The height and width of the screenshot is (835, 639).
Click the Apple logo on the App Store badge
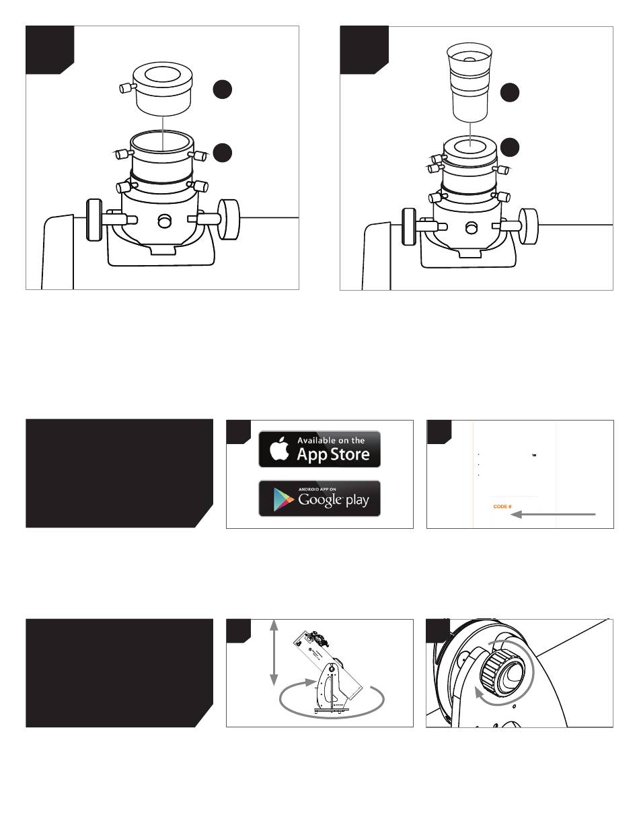[280, 448]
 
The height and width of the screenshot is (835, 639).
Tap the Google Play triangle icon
[283, 499]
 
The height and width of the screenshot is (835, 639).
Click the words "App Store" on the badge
[333, 455]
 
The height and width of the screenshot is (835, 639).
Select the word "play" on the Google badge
[357, 501]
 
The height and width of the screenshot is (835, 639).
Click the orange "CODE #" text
[502, 507]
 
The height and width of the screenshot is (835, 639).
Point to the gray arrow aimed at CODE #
[553, 514]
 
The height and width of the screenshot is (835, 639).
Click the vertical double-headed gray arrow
[274, 653]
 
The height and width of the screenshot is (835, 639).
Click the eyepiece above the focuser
[469, 81]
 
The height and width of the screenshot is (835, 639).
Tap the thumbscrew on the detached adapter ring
[126, 88]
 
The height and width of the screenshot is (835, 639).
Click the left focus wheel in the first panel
[93, 220]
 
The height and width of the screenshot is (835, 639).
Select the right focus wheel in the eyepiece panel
[528, 226]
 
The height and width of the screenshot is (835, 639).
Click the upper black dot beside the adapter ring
[223, 89]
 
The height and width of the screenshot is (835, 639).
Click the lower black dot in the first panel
[223, 153]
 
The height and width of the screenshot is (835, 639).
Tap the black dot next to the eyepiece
[510, 93]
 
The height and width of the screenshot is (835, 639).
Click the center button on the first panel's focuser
[164, 221]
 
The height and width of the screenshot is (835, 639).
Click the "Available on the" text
[331, 440]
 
